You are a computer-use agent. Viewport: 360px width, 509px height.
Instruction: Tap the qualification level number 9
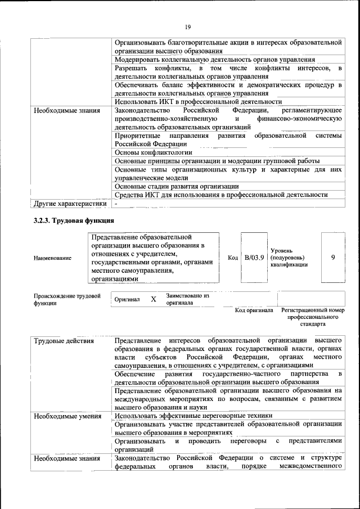[x=333, y=257]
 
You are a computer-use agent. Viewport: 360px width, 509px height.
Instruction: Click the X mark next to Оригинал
[x=153, y=299]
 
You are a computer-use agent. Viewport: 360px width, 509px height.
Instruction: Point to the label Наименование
[x=52, y=258]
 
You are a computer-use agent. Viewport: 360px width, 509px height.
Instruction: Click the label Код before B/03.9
[x=233, y=258]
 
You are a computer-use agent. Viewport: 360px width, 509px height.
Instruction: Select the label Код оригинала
[x=254, y=310]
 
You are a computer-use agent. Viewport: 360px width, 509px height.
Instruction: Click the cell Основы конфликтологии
[x=153, y=152]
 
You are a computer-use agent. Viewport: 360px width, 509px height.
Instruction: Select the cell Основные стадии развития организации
[x=177, y=186]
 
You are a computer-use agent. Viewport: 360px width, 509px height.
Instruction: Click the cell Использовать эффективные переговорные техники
[x=193, y=416]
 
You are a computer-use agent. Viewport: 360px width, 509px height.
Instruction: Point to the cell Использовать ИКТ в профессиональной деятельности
[x=190, y=101]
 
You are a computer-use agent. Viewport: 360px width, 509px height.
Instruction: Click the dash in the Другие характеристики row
[x=115, y=203]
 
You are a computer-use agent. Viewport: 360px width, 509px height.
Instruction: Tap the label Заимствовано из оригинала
[x=187, y=299]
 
